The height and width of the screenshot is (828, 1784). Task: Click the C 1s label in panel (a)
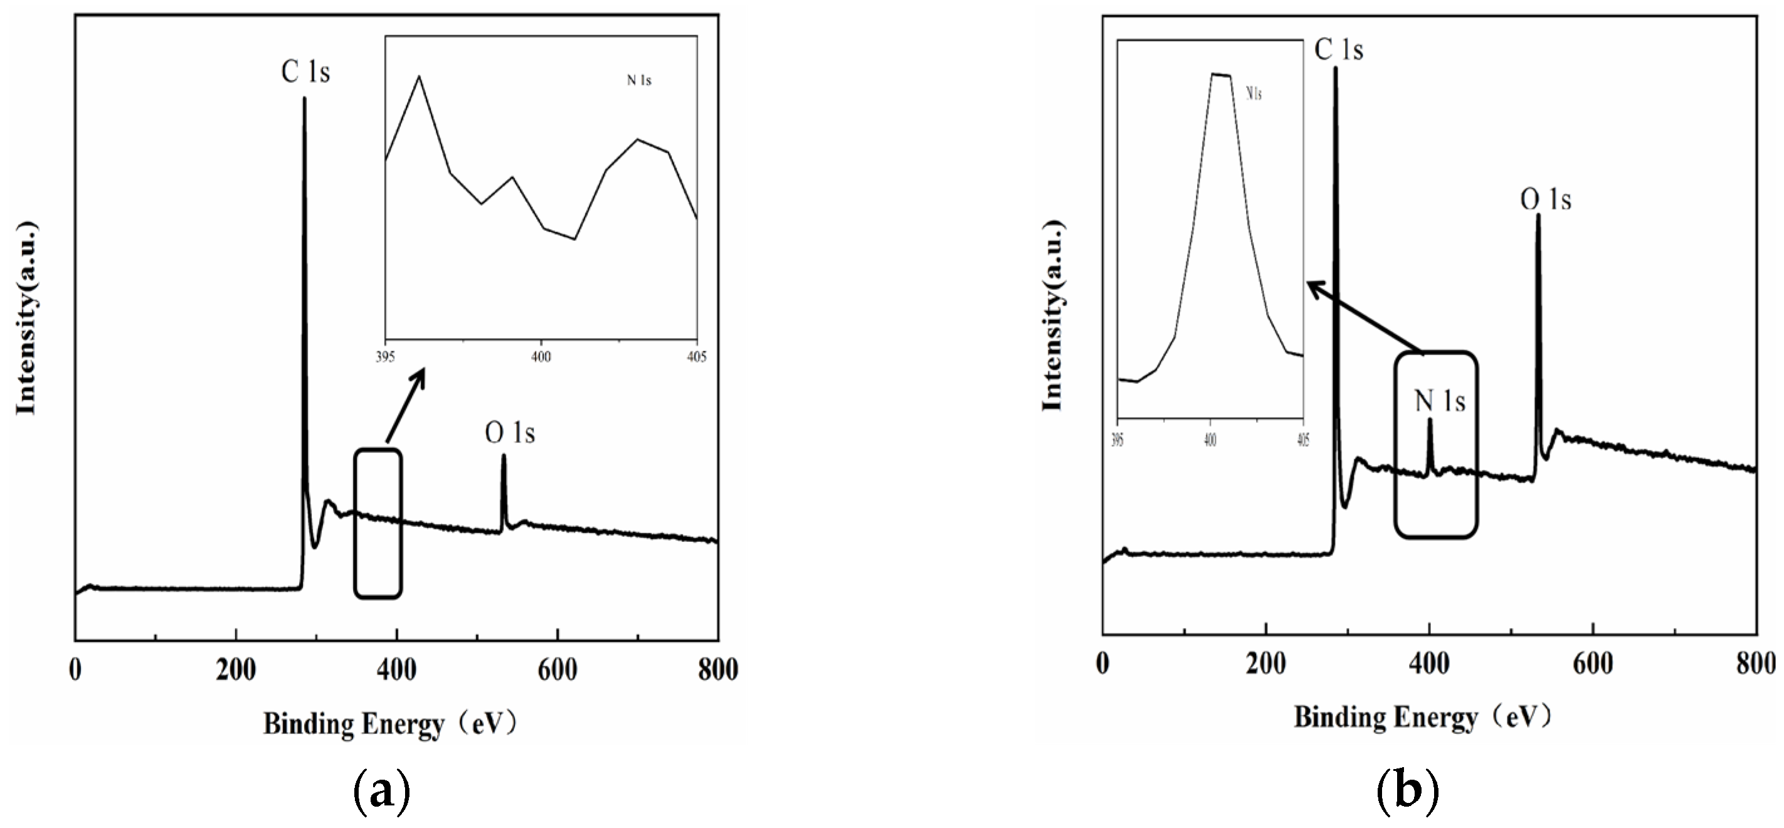pyautogui.click(x=305, y=72)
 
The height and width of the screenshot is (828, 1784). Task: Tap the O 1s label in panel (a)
pyautogui.click(x=510, y=433)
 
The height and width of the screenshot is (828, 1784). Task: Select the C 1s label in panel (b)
pyautogui.click(x=1339, y=50)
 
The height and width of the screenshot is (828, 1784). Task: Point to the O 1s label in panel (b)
pyautogui.click(x=1546, y=200)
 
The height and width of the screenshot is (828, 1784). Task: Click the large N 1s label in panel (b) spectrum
pyautogui.click(x=1440, y=402)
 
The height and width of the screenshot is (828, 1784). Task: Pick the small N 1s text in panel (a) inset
pyautogui.click(x=638, y=81)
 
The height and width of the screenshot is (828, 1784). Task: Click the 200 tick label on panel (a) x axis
pyautogui.click(x=236, y=670)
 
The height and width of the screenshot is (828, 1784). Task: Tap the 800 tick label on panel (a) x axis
pyautogui.click(x=717, y=670)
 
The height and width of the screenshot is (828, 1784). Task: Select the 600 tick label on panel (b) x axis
pyautogui.click(x=1593, y=664)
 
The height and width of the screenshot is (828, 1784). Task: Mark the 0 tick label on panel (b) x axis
pyautogui.click(x=1103, y=664)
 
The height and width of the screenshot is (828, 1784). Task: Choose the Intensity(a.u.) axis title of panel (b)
pyautogui.click(x=1053, y=316)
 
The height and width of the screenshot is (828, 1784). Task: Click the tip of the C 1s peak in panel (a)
pyautogui.click(x=304, y=99)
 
